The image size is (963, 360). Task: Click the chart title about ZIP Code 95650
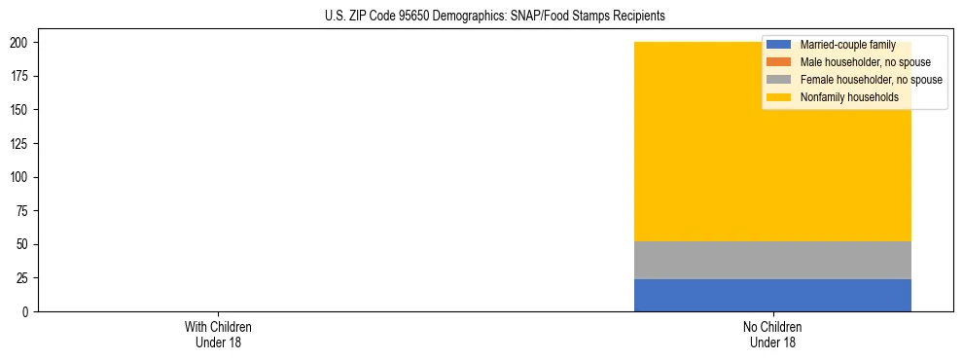click(495, 17)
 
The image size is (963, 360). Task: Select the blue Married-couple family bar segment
click(772, 295)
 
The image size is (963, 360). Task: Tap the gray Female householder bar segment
click(772, 260)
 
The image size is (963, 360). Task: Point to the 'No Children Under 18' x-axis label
click(772, 334)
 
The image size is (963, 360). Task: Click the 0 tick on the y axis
click(26, 311)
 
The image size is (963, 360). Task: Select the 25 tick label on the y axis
click(23, 278)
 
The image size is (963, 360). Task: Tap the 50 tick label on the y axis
click(23, 244)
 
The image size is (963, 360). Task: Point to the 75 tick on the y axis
click(23, 211)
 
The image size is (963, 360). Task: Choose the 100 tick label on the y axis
click(20, 177)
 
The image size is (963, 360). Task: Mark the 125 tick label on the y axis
click(20, 144)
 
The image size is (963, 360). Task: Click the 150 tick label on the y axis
click(20, 110)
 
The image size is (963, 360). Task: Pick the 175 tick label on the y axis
click(20, 77)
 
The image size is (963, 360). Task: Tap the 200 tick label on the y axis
click(20, 43)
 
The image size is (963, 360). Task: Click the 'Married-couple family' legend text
click(847, 45)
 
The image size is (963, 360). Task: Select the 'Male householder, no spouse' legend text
click(865, 62)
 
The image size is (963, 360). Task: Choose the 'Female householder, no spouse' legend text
click(871, 80)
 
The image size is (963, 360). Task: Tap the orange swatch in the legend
click(779, 62)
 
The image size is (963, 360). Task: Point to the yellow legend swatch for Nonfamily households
click(779, 97)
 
